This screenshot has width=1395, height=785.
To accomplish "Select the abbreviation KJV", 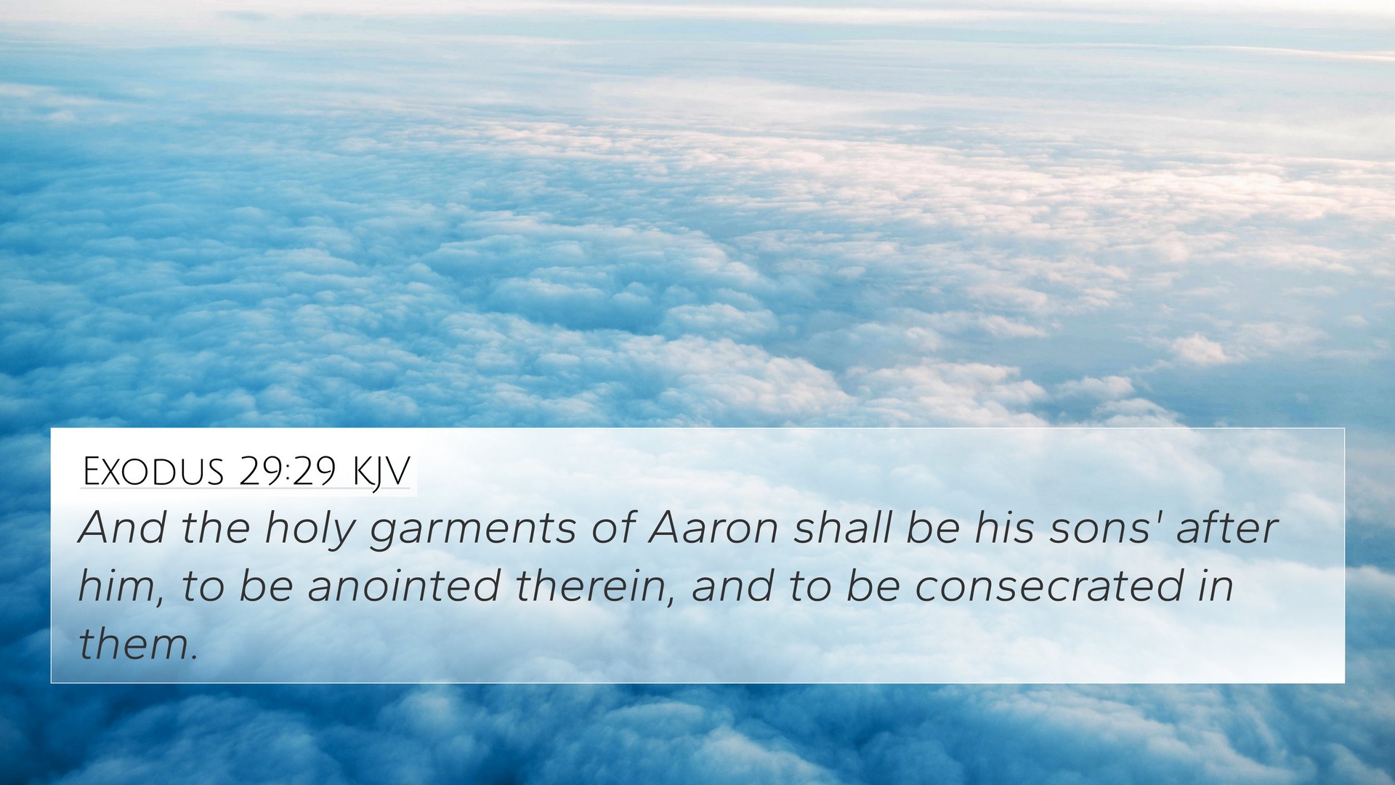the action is click(381, 472).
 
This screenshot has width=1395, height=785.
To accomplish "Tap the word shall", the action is click(842, 528).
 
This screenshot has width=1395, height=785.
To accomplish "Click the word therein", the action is click(595, 587).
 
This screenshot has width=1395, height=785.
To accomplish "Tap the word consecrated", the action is click(1048, 586).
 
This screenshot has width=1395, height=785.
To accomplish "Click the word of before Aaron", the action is click(612, 528).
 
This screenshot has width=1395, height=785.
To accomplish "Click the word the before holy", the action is click(216, 528).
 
